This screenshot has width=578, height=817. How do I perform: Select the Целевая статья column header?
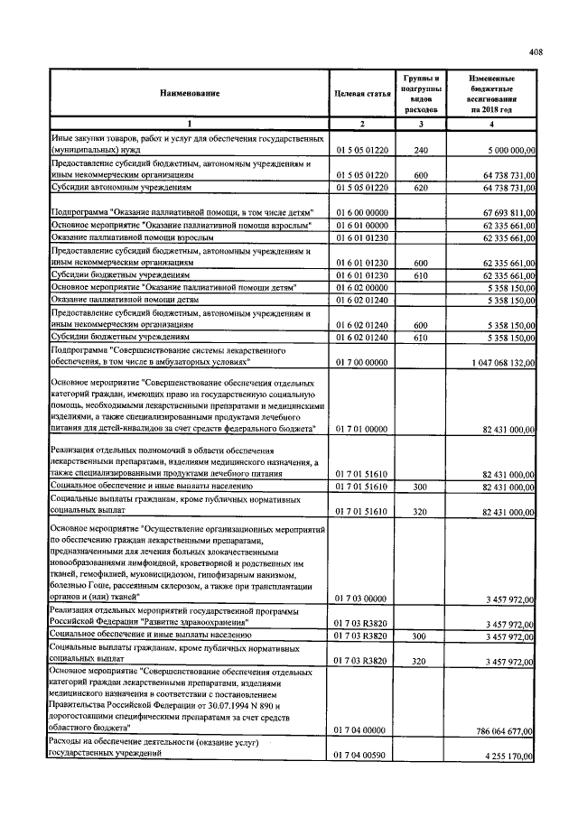(x=361, y=94)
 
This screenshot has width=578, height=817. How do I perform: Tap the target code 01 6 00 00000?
(x=361, y=211)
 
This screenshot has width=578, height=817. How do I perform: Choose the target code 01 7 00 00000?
(x=361, y=362)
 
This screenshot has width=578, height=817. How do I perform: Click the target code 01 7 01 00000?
(x=361, y=430)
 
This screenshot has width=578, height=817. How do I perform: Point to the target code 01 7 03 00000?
(x=361, y=598)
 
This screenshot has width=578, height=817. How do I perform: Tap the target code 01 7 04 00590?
(x=361, y=756)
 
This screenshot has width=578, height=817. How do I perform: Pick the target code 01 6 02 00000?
(x=361, y=286)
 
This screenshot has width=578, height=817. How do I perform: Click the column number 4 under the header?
(x=491, y=123)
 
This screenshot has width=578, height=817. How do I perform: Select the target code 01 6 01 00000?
(x=361, y=224)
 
